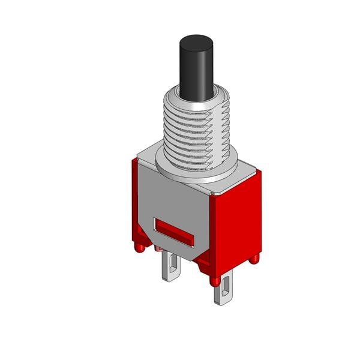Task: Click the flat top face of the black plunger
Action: click(197, 41)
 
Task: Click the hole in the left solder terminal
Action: click(171, 265)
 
